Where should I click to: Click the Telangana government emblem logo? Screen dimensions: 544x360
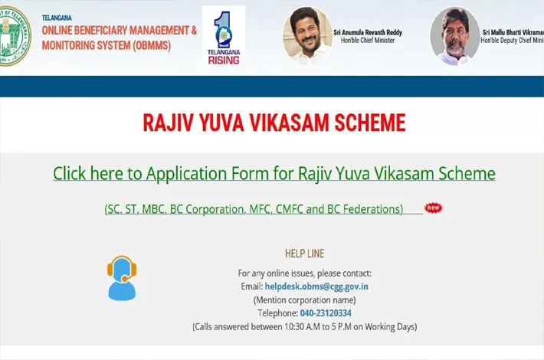tap(14, 36)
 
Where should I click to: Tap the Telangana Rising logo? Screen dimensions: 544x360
tap(224, 36)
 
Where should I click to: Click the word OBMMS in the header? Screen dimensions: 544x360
tap(152, 45)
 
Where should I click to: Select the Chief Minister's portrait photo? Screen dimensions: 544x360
tap(307, 35)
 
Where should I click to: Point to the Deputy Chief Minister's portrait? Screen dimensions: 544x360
tap(455, 36)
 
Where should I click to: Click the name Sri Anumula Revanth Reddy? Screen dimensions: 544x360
tap(368, 33)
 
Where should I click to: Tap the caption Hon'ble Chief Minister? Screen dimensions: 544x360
tap(368, 41)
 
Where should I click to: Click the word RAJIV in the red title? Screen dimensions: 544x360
tap(168, 123)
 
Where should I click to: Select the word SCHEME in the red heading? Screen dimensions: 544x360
tap(370, 123)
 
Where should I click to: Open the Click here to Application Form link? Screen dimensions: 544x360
tap(274, 173)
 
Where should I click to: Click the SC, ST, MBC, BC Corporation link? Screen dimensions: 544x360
tap(254, 209)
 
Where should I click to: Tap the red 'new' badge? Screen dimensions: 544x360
tap(434, 208)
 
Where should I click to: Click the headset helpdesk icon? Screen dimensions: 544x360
tap(122, 278)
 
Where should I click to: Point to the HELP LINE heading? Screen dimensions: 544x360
tap(305, 254)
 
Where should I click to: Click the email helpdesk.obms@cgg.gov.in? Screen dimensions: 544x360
tap(316, 286)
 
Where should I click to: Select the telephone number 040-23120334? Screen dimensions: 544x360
tap(326, 313)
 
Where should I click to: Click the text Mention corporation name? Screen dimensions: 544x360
tap(305, 300)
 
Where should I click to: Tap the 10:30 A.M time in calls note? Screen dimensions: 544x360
tap(302, 327)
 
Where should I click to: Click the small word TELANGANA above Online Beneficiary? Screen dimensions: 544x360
tap(57, 18)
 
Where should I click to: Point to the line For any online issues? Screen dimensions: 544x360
tap(305, 273)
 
